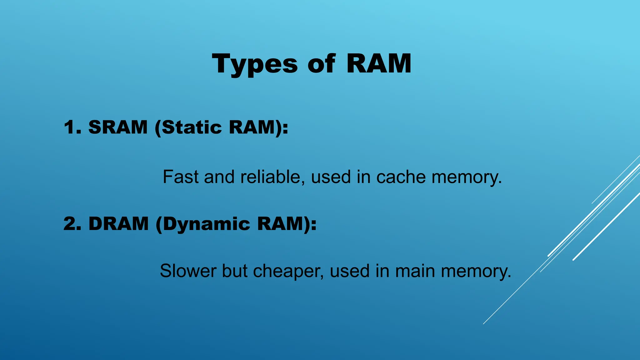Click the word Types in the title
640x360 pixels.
[255, 64]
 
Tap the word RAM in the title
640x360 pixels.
[379, 64]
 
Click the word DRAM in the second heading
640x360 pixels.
[118, 224]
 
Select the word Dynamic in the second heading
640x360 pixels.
[206, 224]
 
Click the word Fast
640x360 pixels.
[181, 177]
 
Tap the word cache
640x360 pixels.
[401, 177]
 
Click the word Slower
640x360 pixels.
[188, 271]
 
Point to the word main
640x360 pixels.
[415, 271]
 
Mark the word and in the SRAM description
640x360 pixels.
[219, 177]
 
